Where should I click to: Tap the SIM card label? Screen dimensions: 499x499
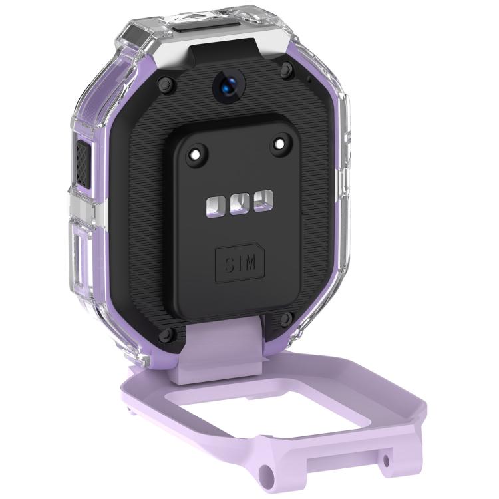[240, 265]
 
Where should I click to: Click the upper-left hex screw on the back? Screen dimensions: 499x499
[166, 84]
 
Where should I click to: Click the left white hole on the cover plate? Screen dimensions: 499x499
[195, 155]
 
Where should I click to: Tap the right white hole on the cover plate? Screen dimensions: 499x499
[279, 144]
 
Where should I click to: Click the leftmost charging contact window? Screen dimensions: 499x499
[216, 206]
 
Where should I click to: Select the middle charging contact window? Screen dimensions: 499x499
[240, 204]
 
